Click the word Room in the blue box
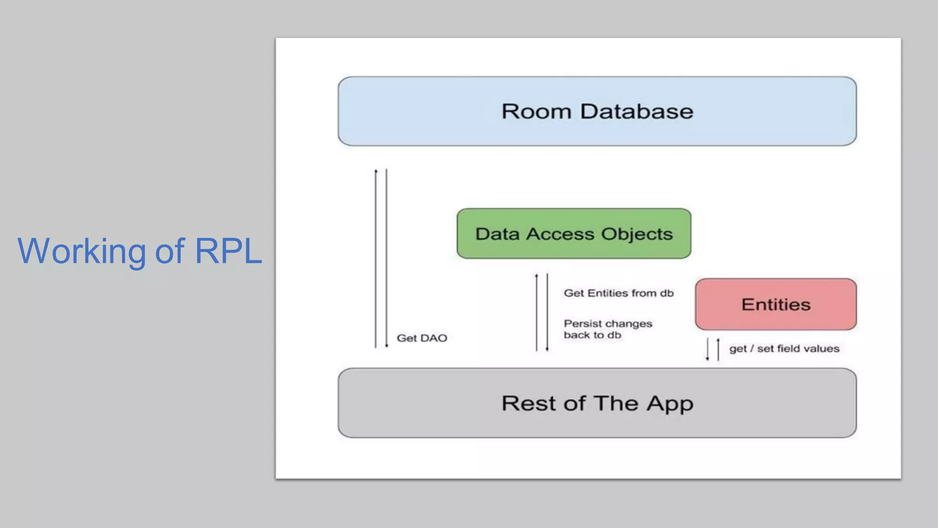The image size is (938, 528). coord(536,111)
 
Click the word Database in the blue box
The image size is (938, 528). coord(637,111)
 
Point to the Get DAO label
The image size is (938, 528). coord(422,338)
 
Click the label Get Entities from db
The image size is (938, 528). coord(618,293)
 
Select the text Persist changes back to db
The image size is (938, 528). coord(607,329)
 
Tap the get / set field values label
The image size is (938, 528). coord(784,349)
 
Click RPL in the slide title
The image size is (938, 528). coord(228,251)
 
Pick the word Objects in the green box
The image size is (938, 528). coord(637,234)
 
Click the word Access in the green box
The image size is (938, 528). coord(560,234)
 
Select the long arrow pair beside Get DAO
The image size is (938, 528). coord(381,258)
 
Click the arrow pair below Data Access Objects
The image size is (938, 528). coord(542,312)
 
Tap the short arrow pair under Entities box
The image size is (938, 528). coord(713,349)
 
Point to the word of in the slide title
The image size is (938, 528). coord(169,251)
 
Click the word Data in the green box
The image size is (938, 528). coord(497,234)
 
